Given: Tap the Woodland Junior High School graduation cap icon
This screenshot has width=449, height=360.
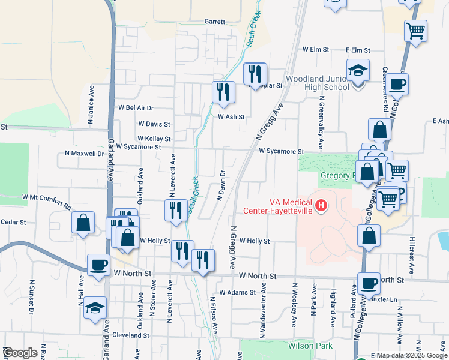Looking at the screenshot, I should (x=358, y=72).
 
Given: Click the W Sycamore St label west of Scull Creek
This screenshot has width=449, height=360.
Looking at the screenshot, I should (x=139, y=146).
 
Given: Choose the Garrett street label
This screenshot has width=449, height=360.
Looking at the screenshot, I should (x=214, y=22).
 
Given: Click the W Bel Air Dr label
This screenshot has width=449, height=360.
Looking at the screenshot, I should (x=136, y=108).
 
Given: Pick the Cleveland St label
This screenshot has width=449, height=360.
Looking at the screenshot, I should (x=130, y=335).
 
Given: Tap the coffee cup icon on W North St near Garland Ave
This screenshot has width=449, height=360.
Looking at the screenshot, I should (x=99, y=264).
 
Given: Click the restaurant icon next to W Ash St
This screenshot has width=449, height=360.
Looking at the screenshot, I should (x=223, y=92).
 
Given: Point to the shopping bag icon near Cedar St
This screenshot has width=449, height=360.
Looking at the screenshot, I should (x=83, y=223).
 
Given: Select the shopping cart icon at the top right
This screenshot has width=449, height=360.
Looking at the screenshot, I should (x=415, y=31).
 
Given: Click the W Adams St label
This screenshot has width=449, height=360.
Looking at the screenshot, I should (x=238, y=293).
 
